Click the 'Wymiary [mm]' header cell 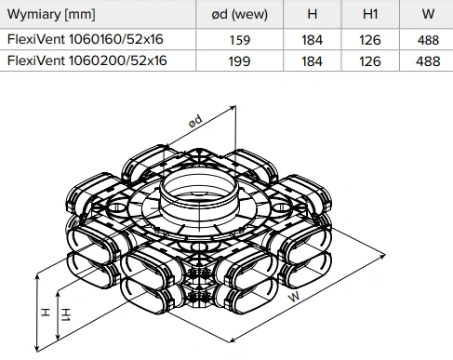pyautogui.click(x=51, y=15)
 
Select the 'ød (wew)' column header pyautogui.click(x=239, y=14)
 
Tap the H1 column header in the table pyautogui.click(x=370, y=14)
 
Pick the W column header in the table pyautogui.click(x=428, y=14)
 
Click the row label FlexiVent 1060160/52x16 pyautogui.click(x=85, y=39)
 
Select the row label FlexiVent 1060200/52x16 pyautogui.click(x=87, y=60)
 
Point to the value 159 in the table pyautogui.click(x=240, y=40)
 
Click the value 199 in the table pyautogui.click(x=240, y=61)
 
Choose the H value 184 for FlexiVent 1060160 pyautogui.click(x=313, y=40)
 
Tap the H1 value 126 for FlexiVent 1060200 pyautogui.click(x=370, y=61)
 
